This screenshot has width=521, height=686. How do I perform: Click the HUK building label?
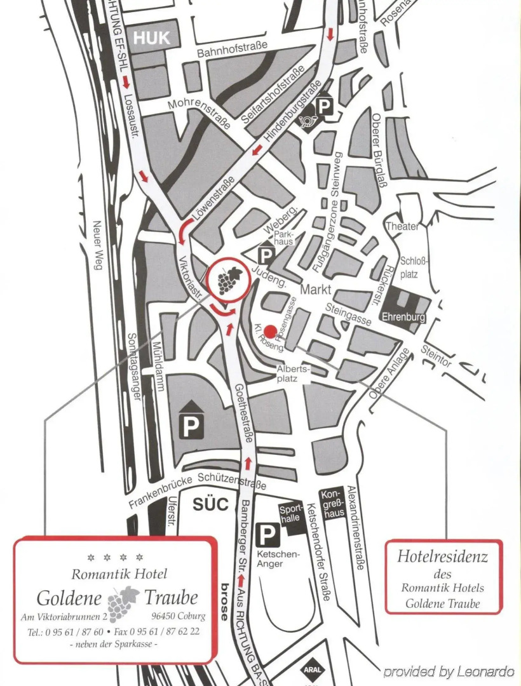[151, 38]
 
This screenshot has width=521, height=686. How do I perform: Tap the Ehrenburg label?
[403, 316]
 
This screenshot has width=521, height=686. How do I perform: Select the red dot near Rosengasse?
[270, 331]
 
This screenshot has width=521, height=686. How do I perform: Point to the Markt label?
[316, 290]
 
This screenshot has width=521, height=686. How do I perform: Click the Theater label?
[402, 227]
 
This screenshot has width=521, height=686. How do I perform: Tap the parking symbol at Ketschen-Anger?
[267, 535]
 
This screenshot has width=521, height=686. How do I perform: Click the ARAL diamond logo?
[313, 669]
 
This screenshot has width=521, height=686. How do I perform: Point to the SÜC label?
[210, 505]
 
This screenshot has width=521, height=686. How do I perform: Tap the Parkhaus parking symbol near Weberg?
[266, 255]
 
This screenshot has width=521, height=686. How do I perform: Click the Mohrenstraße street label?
[199, 112]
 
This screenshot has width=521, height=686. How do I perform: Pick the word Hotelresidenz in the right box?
[443, 557]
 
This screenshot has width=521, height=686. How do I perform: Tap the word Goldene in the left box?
[69, 598]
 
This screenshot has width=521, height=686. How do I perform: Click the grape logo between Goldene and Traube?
[123, 603]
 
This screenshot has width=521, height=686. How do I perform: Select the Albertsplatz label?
[293, 373]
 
